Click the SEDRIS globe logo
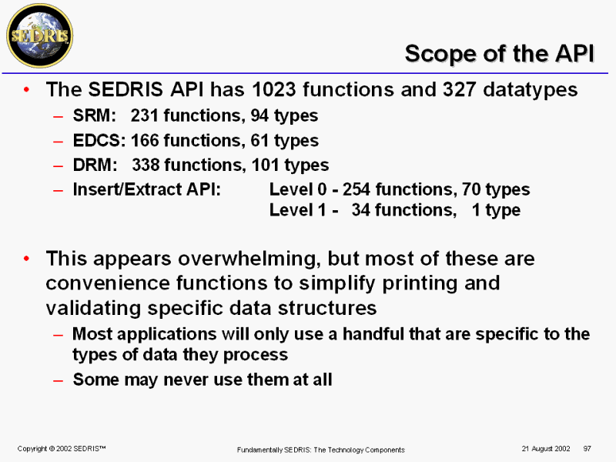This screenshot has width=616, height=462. (40, 36)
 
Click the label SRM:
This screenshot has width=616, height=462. (94, 115)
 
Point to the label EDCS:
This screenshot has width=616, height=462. (99, 140)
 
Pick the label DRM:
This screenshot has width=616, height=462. (95, 165)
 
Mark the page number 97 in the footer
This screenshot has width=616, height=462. (588, 448)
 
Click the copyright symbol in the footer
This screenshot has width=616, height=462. (52, 449)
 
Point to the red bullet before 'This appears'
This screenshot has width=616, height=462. (26, 259)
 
